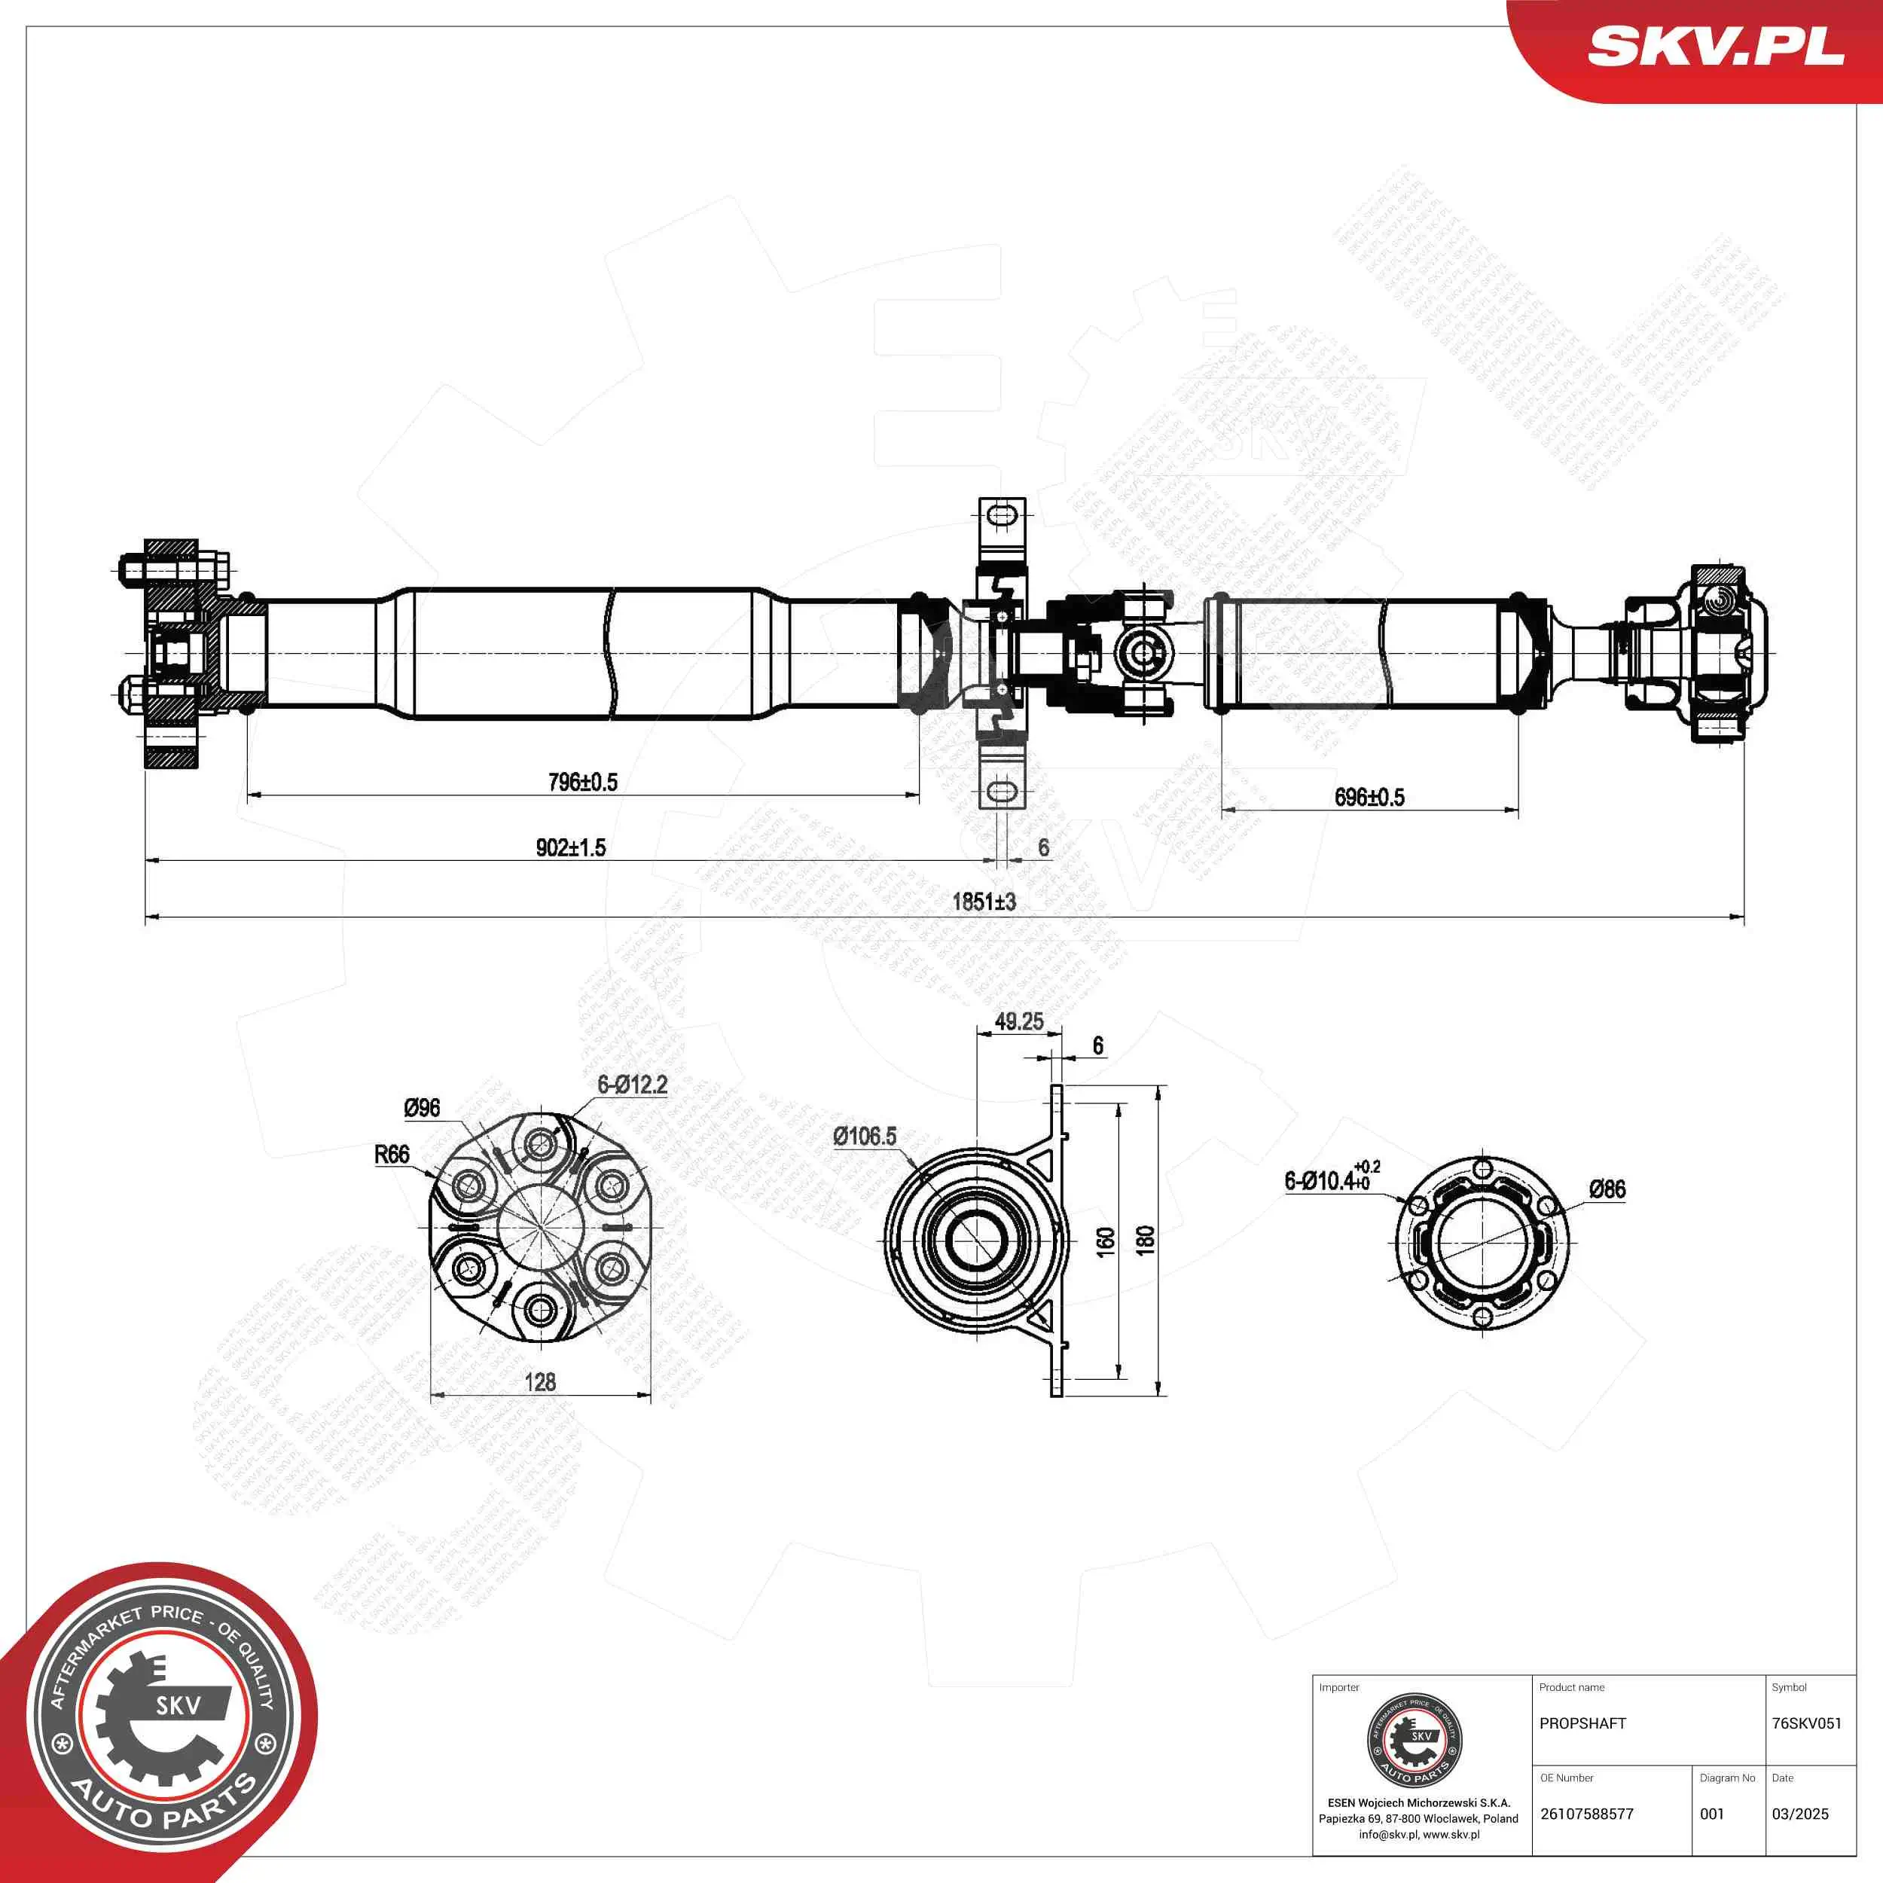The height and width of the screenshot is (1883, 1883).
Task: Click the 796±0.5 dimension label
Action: (583, 782)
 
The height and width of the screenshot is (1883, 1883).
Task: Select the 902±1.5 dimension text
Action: (570, 847)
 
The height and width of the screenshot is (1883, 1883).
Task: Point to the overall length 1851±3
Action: (984, 902)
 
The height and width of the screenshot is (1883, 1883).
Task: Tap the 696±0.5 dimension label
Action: (1369, 797)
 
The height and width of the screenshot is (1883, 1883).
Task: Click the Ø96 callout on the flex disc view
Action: (422, 1107)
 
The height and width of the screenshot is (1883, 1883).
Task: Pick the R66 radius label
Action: (392, 1154)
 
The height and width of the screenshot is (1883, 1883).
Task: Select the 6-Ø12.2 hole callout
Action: (632, 1084)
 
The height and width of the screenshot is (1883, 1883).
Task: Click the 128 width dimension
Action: (540, 1381)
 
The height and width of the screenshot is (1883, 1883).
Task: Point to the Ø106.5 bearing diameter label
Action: (865, 1136)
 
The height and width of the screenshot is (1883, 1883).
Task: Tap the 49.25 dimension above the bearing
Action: (1018, 1021)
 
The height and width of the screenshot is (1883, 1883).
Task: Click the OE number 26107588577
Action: (1587, 1814)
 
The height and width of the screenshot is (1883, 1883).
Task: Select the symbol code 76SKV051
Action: (1806, 1723)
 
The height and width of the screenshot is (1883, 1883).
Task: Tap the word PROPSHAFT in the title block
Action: (1582, 1723)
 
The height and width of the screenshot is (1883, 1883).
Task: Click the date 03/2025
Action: (1800, 1814)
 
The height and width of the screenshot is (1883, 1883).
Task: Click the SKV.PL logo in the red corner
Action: (1715, 47)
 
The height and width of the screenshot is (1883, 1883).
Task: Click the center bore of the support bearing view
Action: (975, 1241)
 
